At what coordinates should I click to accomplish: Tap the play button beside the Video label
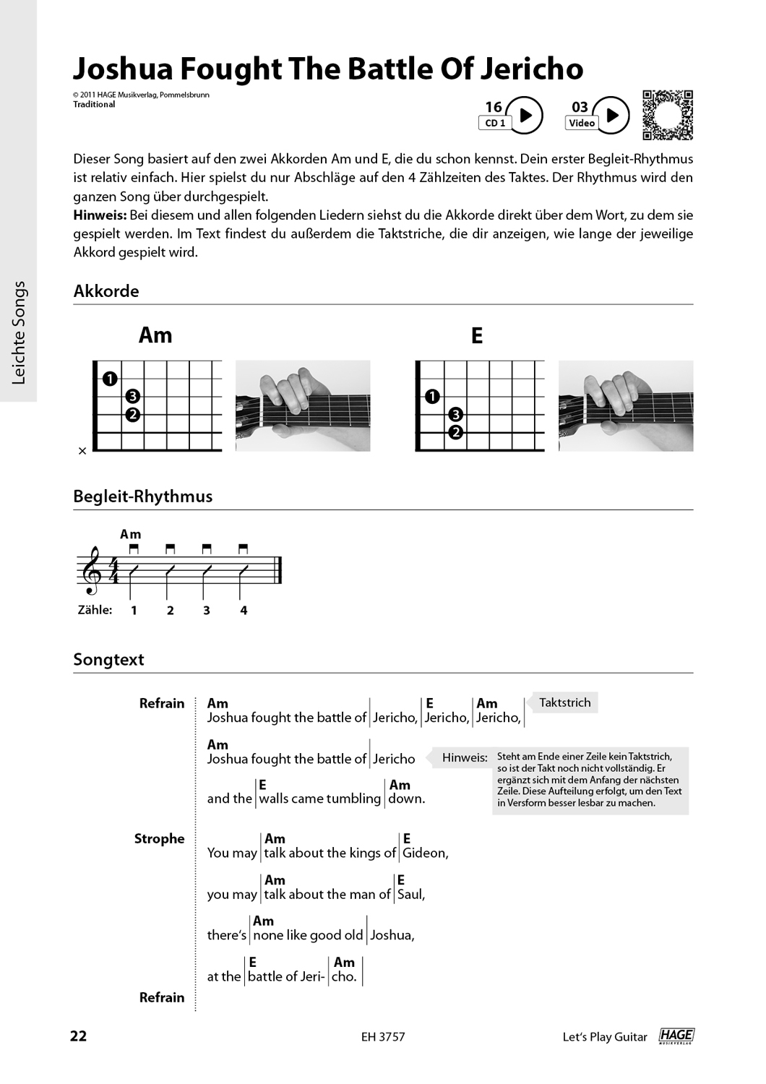[x=611, y=116]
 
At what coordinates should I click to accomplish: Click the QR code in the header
[x=667, y=115]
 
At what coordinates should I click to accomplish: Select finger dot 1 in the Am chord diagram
[x=109, y=379]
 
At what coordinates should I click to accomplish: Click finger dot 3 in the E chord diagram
[x=455, y=414]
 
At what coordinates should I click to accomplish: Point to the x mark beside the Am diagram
[x=82, y=451]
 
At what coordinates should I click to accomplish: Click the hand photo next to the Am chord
[x=303, y=406]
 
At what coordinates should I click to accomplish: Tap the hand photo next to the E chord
[x=625, y=406]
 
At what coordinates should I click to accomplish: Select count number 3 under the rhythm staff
[x=207, y=611]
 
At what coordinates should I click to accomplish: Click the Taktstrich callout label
[x=564, y=702]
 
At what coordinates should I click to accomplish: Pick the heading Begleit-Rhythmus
[x=142, y=496]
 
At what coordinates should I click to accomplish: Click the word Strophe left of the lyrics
[x=159, y=839]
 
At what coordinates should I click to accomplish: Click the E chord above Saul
[x=401, y=880]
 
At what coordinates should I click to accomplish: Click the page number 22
[x=78, y=1036]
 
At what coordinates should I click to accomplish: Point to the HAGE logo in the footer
[x=676, y=1036]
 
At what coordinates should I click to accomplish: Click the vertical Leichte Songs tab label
[x=19, y=332]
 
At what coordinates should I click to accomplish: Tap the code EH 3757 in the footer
[x=383, y=1037]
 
